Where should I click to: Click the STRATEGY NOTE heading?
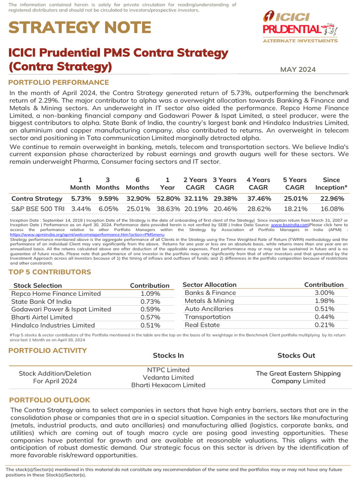[80, 27]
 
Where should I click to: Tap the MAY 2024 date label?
[298, 70]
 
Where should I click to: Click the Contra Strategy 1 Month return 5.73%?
[81, 198]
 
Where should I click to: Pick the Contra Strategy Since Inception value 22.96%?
[332, 198]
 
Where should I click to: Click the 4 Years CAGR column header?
[258, 183]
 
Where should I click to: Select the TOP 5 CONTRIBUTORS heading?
[50, 272]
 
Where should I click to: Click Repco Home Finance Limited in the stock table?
[56, 293]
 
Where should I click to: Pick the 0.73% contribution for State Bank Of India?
[150, 301]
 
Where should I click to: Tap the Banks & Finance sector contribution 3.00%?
[324, 292]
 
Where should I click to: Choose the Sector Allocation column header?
[209, 285]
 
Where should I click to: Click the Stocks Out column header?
[296, 355]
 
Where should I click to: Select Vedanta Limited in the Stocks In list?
[168, 377]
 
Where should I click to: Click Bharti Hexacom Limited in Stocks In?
[168, 385]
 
